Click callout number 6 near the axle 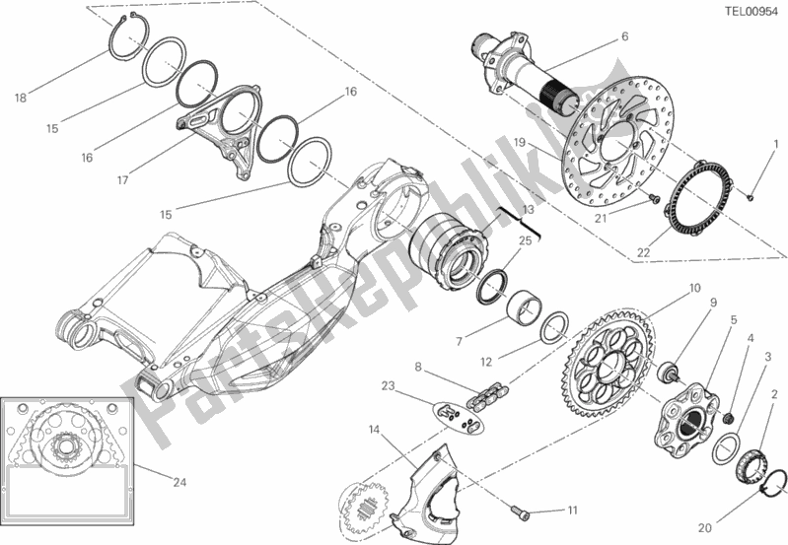[x=624, y=37]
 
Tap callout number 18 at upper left [x=21, y=97]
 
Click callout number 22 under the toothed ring [x=643, y=252]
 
